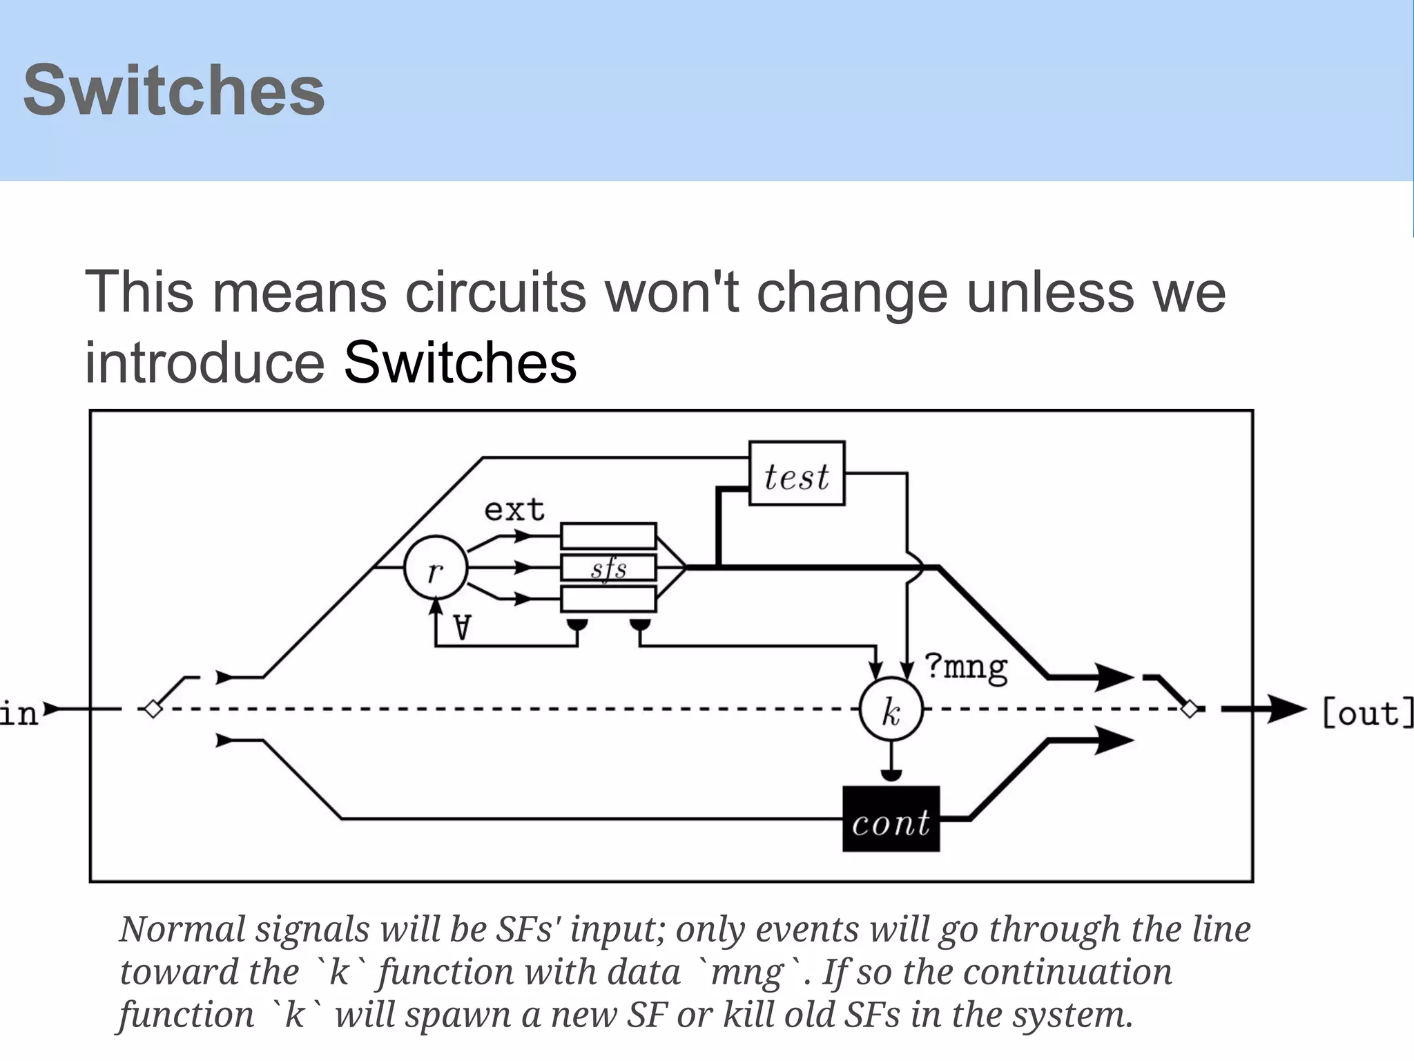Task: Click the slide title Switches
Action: [x=174, y=90]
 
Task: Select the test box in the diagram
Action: [x=797, y=474]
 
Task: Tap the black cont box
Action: [x=891, y=819]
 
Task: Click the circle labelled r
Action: [x=435, y=568]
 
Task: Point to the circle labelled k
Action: [x=891, y=709]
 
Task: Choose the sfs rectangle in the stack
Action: [x=608, y=568]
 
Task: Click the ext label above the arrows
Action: [x=514, y=510]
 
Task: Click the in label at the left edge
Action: [x=19, y=711]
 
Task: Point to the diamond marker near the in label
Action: [x=153, y=709]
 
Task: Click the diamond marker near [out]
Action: [x=1190, y=709]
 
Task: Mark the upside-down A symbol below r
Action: [x=462, y=628]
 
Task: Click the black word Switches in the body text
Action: [x=460, y=363]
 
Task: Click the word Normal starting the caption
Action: [x=182, y=929]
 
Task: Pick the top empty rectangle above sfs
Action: [x=608, y=536]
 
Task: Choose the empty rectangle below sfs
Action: [x=608, y=599]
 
